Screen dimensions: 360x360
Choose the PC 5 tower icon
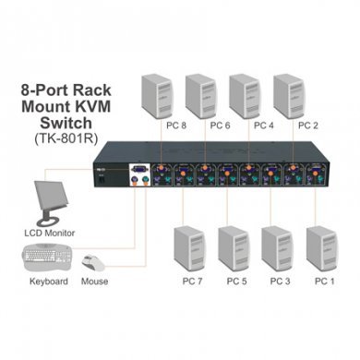(x=234, y=248)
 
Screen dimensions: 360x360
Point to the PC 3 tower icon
(x=278, y=248)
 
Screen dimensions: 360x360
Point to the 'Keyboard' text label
(x=48, y=280)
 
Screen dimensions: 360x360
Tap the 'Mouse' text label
(x=94, y=280)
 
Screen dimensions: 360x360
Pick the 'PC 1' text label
(x=323, y=280)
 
